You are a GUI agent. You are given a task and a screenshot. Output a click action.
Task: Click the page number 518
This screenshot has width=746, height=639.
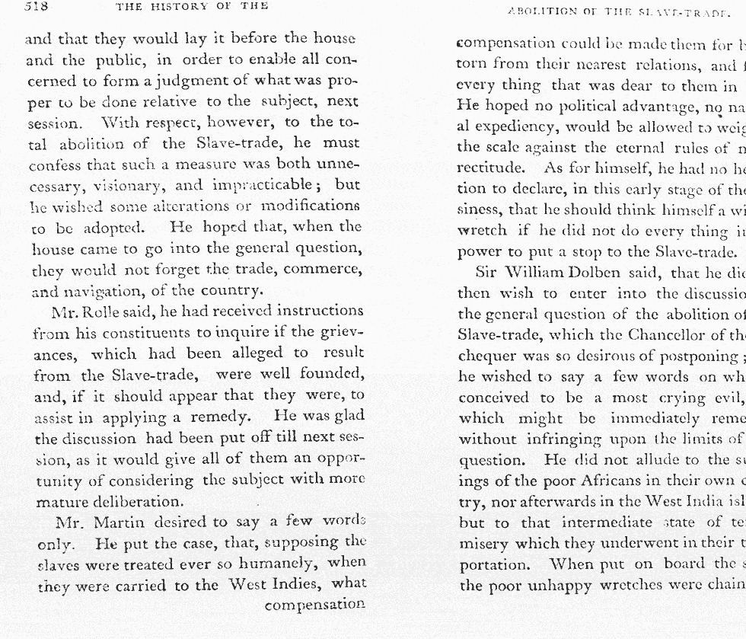click(37, 7)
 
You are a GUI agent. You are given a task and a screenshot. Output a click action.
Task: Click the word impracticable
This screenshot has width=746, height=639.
click(263, 184)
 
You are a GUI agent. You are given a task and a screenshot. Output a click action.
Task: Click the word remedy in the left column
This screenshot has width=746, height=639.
click(222, 417)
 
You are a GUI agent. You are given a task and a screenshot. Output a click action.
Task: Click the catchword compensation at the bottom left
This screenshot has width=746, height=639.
click(315, 604)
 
